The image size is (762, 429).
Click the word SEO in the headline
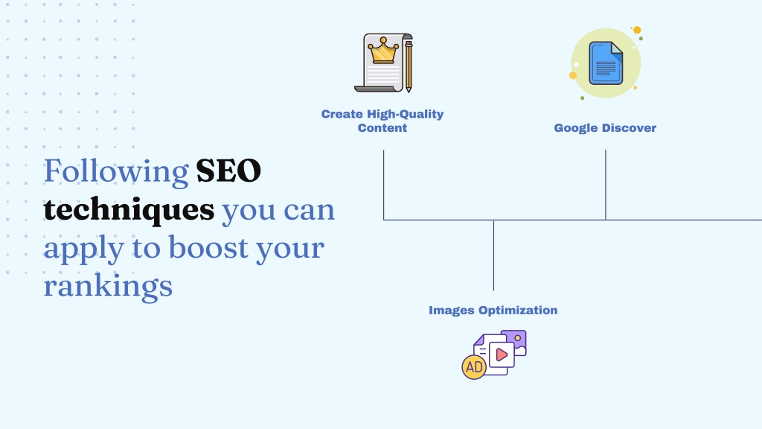click(228, 171)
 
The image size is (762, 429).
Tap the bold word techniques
click(129, 210)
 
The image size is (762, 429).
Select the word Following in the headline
click(116, 172)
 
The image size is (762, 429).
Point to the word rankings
click(108, 287)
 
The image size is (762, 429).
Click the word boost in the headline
click(208, 247)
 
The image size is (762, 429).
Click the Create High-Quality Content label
click(382, 121)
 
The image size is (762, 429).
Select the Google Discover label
click(605, 128)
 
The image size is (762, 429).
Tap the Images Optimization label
click(493, 311)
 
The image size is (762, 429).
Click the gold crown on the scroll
click(383, 50)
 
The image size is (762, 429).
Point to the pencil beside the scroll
click(409, 66)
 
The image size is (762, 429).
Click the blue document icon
click(606, 63)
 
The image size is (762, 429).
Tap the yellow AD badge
click(474, 366)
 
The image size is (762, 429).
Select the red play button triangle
click(502, 355)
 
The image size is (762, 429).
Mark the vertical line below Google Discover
click(606, 185)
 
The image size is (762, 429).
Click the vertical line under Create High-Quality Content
click(383, 185)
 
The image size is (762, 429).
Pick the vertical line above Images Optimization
click(494, 256)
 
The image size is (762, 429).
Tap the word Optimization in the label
click(518, 311)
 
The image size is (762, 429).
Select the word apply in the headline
click(83, 249)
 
